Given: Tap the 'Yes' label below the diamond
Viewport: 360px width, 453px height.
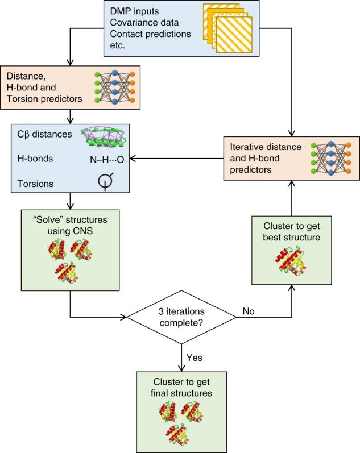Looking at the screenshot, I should pos(195,358).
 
